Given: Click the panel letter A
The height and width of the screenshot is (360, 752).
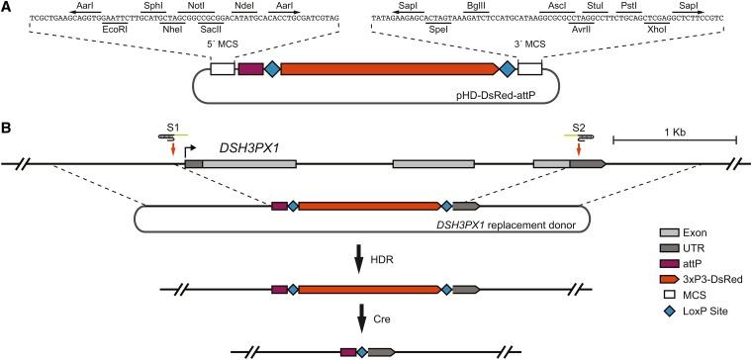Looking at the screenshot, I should [7, 7].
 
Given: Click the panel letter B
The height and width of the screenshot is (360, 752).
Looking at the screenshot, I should [7, 128].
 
